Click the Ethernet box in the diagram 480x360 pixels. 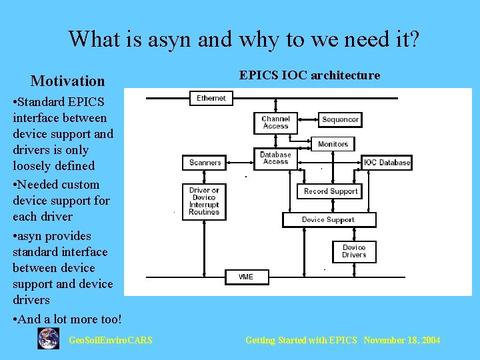click(x=211, y=98)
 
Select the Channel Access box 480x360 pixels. click(x=275, y=123)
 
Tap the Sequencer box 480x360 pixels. click(x=340, y=120)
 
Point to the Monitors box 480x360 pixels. click(x=333, y=144)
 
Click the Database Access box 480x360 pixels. click(x=275, y=158)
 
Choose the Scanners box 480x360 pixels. click(x=205, y=163)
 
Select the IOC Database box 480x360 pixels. click(x=387, y=163)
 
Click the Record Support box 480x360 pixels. click(x=331, y=191)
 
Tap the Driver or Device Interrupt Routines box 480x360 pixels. click(x=204, y=201)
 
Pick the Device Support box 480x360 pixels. click(x=329, y=219)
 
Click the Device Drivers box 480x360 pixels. click(x=354, y=251)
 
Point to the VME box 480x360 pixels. click(x=245, y=276)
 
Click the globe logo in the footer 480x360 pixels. click(x=48, y=339)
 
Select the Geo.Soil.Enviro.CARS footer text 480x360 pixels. click(x=111, y=341)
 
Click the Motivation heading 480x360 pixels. click(x=67, y=81)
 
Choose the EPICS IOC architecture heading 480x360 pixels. click(x=309, y=75)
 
